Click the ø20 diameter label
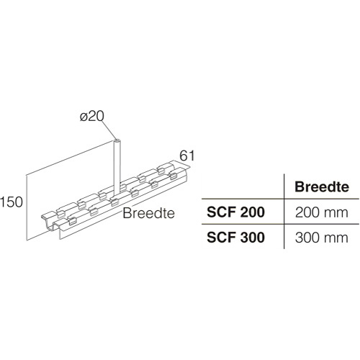tap(92, 117)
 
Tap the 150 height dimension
tap(12, 202)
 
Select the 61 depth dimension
tap(187, 156)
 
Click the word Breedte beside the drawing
tap(148, 213)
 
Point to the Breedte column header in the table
tap(322, 186)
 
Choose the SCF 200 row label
tap(235, 212)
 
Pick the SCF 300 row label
tap(235, 238)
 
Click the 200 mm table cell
tap(321, 212)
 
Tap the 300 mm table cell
tap(321, 238)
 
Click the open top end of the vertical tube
tap(117, 140)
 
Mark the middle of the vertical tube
tap(117, 167)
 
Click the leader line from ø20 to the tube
tap(109, 130)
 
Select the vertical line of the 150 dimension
tap(26, 207)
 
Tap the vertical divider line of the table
tap(284, 212)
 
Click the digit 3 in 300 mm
tap(299, 238)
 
